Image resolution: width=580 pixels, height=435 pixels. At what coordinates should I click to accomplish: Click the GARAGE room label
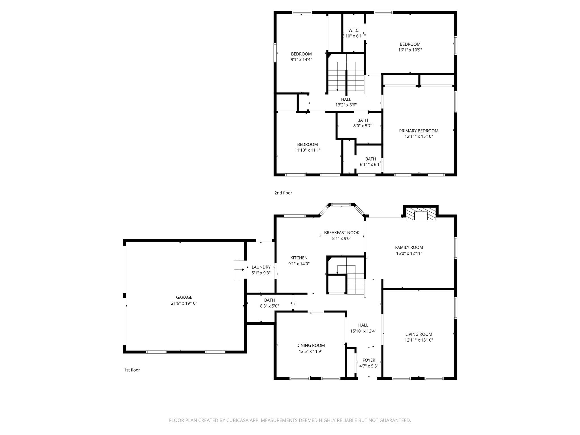click(x=184, y=297)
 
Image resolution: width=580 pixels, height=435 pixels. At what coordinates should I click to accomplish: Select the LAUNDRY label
click(x=261, y=267)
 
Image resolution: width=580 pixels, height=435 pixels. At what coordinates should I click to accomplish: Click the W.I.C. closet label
click(x=354, y=30)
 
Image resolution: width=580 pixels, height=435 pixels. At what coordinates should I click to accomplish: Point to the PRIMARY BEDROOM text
click(x=419, y=131)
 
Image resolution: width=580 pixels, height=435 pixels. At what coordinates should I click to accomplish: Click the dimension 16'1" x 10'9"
click(x=410, y=50)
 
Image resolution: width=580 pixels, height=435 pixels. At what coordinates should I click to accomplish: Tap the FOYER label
click(x=369, y=360)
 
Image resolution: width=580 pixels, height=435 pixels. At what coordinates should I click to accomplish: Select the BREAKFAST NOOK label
click(x=342, y=233)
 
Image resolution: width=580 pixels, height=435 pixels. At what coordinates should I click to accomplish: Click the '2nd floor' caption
click(x=283, y=193)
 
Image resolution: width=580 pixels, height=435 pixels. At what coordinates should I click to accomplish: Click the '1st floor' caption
click(x=132, y=370)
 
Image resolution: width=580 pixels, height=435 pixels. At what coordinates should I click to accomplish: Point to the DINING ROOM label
click(x=310, y=346)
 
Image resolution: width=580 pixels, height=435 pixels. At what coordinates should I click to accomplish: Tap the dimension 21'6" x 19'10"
click(x=184, y=303)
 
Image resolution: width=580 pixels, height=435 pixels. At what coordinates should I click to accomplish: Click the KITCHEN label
click(x=299, y=258)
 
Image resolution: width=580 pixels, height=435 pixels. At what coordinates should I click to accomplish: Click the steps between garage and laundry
click(x=239, y=270)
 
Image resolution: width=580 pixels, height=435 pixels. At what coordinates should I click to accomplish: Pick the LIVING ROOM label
click(x=419, y=334)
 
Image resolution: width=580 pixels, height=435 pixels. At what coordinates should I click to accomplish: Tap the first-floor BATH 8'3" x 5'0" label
click(x=269, y=300)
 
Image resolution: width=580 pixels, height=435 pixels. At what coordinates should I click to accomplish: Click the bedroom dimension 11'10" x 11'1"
click(x=307, y=150)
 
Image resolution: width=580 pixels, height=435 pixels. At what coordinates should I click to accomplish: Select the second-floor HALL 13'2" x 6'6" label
click(x=346, y=99)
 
